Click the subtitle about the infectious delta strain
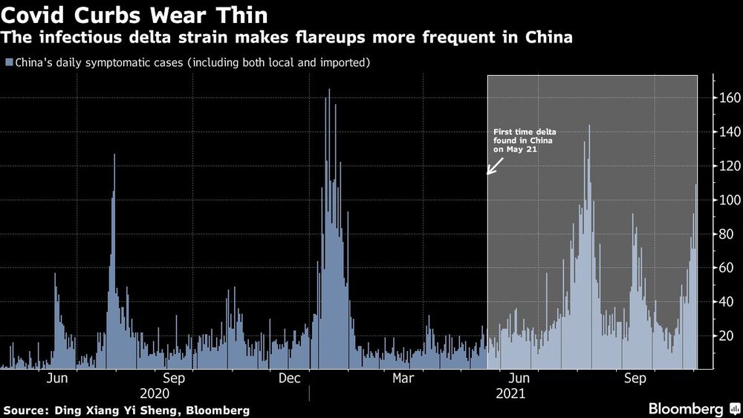coord(287,37)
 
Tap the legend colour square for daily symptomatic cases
coord(8,62)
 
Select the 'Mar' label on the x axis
coord(403,379)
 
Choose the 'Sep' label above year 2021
coord(635,379)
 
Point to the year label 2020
coord(154,393)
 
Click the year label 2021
coord(510,393)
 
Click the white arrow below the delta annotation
coord(494,165)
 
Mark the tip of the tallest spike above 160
coord(328,91)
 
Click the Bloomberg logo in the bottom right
coord(692,409)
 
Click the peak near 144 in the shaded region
coord(589,126)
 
